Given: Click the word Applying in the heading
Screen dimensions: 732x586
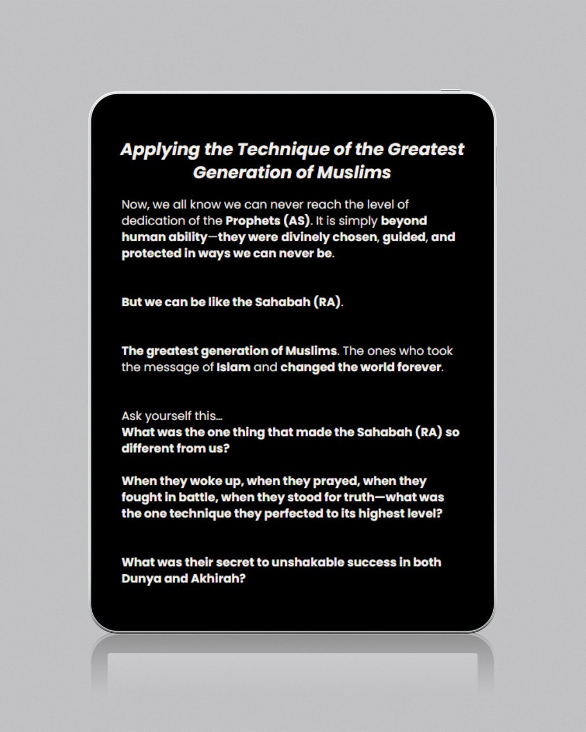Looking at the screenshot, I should point(160,150).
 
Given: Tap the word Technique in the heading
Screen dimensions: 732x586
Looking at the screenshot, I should point(283,149).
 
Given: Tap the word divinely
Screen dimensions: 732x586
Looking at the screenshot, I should point(305,237).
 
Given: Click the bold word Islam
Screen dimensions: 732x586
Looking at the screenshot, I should point(233,367).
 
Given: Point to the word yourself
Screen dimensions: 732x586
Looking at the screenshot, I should point(168,416).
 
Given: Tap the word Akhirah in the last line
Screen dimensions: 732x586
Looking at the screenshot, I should point(218,579).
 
